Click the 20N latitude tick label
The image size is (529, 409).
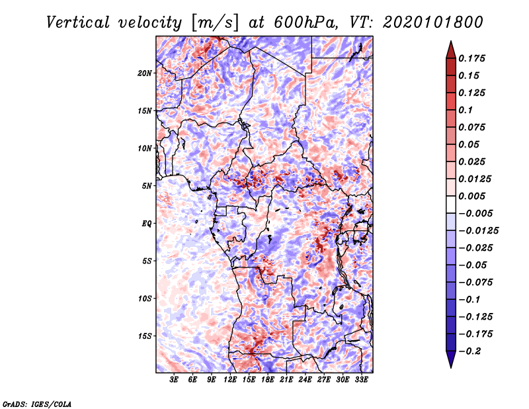[145, 73]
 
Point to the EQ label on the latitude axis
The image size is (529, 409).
[147, 223]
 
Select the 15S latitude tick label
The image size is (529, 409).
[145, 336]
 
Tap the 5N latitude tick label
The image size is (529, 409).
[147, 185]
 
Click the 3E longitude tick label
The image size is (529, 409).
[175, 380]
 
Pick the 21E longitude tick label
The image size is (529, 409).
[286, 380]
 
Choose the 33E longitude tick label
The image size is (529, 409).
[361, 380]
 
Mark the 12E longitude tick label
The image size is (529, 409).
[230, 380]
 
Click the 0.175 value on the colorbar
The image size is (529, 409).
[473, 58]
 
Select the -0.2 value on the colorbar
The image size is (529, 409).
[472, 351]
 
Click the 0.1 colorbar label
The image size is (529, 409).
[466, 110]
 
